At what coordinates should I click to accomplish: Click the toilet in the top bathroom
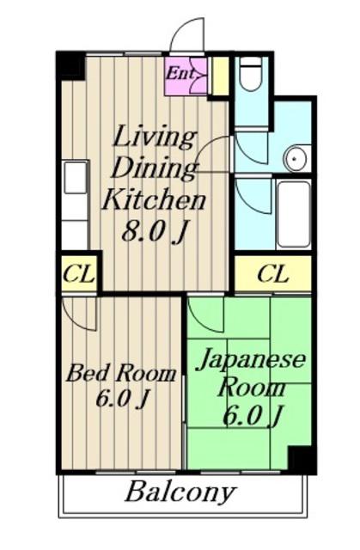tap(251, 75)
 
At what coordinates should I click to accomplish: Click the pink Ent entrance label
tap(180, 73)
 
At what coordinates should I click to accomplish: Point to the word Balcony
tap(180, 492)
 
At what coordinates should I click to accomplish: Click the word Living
tap(155, 137)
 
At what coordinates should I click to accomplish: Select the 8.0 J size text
tap(153, 232)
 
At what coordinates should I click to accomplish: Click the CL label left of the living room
tap(79, 274)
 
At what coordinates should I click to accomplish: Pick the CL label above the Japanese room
tap(273, 274)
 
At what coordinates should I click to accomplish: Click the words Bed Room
tap(121, 374)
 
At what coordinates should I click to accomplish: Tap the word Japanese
tap(251, 361)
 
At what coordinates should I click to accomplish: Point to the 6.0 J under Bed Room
tap(121, 398)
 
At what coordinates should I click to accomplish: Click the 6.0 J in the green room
tap(253, 416)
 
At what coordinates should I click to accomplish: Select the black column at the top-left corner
tap(71, 65)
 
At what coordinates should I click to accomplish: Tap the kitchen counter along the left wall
tap(76, 205)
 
